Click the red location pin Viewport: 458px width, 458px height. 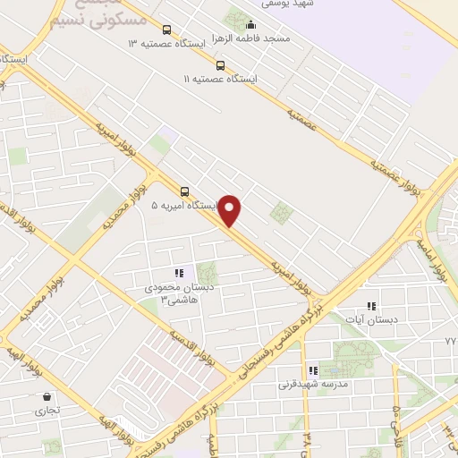231,211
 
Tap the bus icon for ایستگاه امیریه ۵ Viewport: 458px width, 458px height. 184,191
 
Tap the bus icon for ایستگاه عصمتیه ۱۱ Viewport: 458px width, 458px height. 221,64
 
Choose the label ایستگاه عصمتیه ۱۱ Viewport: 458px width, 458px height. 220,79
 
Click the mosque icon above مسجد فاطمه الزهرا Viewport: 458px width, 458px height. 250,26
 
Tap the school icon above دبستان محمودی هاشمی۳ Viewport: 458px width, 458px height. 179,273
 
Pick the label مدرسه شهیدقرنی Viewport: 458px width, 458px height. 311,385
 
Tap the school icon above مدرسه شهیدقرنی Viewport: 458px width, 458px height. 312,370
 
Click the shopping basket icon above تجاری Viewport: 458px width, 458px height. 46,397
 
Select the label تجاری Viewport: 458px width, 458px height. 45,411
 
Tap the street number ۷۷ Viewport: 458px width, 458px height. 450,342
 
